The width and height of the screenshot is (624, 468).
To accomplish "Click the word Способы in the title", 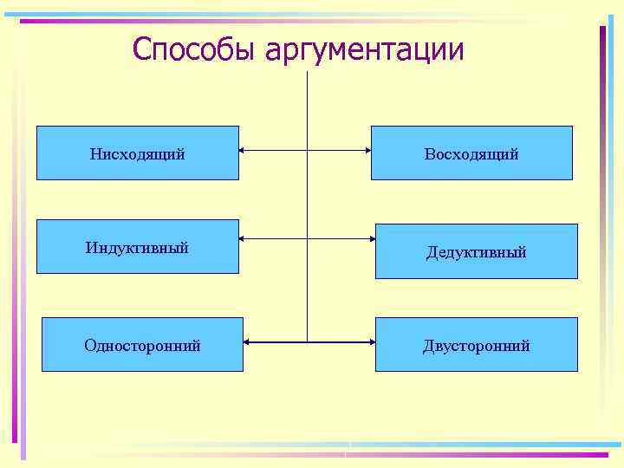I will point(195,49).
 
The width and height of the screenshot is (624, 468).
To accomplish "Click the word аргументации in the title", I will point(365,51).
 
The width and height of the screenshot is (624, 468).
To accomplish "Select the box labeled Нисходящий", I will point(137,153).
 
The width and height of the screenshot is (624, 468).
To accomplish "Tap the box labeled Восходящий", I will point(471,153).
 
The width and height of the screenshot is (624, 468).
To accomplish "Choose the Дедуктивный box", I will point(476,251).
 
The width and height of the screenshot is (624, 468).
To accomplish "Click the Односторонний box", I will point(142,345).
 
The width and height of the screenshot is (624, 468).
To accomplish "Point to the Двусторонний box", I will point(476,345).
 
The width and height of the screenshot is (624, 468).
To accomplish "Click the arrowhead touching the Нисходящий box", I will point(243,151).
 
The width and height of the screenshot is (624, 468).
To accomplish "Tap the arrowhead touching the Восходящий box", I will point(367,151).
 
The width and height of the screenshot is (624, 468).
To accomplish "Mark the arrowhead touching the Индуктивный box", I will point(243,237).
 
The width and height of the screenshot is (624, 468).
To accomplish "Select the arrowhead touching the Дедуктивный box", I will point(371,237).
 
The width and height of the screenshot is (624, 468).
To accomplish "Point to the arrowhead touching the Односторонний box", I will point(248,342).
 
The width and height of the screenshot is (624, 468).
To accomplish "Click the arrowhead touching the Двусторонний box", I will point(371,342).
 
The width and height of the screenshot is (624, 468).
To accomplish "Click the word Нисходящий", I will point(137,154).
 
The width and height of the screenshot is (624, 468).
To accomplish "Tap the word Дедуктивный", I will point(476,252).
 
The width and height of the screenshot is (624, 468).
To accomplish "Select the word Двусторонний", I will point(476,346).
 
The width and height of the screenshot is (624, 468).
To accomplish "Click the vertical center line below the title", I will point(308,199).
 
